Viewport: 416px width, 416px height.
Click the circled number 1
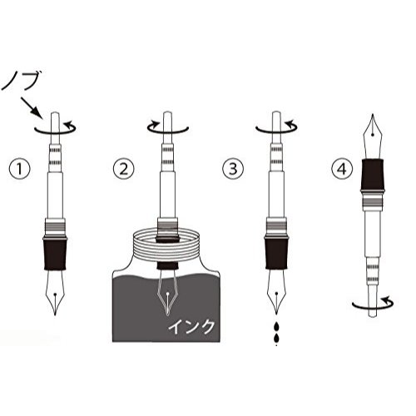(x=19, y=169)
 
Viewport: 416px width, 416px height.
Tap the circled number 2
(x=123, y=169)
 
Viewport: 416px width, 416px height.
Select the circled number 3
(x=233, y=169)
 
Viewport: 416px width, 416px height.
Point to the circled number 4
(x=343, y=169)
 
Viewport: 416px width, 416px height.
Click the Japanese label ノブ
(x=22, y=81)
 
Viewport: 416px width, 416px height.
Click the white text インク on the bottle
(x=191, y=328)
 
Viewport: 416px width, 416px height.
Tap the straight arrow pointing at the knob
(x=31, y=107)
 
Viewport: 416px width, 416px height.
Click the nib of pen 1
(x=55, y=293)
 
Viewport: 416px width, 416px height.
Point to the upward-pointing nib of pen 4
(x=373, y=136)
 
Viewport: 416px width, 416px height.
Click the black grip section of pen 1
(x=55, y=253)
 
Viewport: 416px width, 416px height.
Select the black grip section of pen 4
(x=373, y=176)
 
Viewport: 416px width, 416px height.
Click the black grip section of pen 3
(x=276, y=253)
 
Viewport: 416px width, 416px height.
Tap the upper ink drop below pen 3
(x=276, y=326)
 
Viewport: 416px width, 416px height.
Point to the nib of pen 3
(x=276, y=292)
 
